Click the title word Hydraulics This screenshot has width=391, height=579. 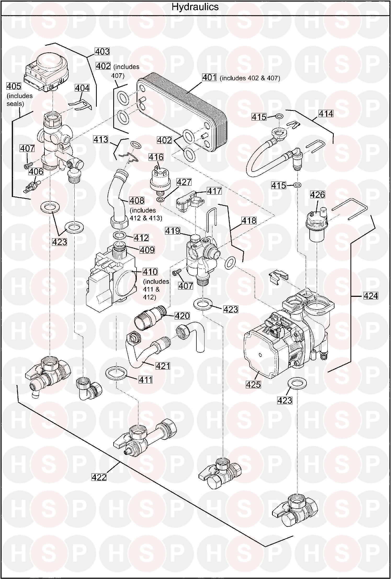click(x=195, y=7)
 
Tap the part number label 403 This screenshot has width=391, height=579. click(x=102, y=52)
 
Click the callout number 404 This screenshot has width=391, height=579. click(x=82, y=88)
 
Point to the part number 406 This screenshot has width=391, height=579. click(x=36, y=172)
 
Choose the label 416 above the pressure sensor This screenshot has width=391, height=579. click(x=156, y=157)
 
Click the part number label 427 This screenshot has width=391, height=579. click(x=184, y=182)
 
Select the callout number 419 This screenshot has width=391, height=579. click(x=172, y=231)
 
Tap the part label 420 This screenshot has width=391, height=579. click(x=182, y=316)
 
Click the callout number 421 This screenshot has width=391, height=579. click(x=163, y=366)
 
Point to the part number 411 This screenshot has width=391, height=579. click(x=145, y=380)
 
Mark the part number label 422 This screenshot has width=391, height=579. click(x=99, y=477)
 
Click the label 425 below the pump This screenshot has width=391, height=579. click(x=253, y=384)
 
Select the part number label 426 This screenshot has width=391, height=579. click(x=317, y=195)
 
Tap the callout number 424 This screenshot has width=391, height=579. click(x=371, y=296)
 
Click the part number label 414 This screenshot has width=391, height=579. click(x=326, y=113)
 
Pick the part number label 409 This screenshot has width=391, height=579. click(x=147, y=250)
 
